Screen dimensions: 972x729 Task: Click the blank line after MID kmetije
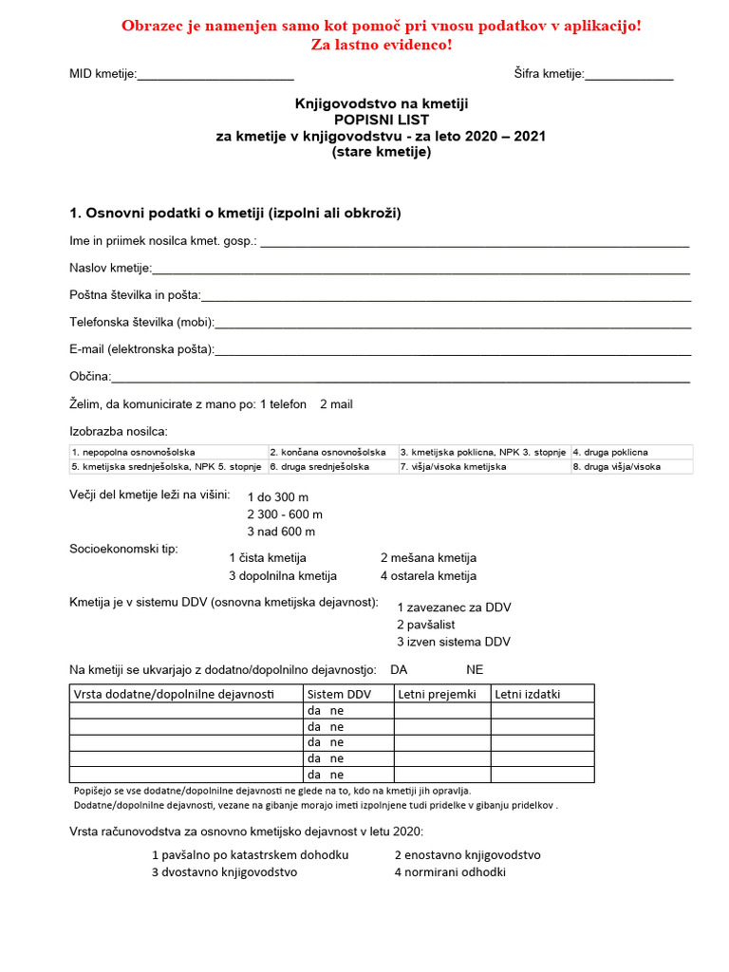click(x=215, y=75)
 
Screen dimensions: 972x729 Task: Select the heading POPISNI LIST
click(x=381, y=121)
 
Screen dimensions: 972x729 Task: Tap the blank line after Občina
click(x=401, y=377)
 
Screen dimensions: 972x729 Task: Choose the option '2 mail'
click(x=336, y=404)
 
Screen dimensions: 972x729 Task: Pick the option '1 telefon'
click(x=283, y=404)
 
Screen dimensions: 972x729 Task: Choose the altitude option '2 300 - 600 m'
click(x=285, y=514)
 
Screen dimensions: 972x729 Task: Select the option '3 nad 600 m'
click(x=281, y=532)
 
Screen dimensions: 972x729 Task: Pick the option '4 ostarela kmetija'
click(x=428, y=576)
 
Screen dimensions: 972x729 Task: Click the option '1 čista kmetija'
click(x=268, y=558)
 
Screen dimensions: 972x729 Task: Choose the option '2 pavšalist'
click(x=426, y=625)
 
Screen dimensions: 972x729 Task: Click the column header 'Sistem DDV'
click(x=339, y=694)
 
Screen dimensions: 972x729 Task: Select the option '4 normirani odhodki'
click(x=450, y=872)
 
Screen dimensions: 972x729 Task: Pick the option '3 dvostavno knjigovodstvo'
click(x=225, y=872)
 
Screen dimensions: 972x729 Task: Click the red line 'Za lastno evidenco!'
click(x=381, y=45)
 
